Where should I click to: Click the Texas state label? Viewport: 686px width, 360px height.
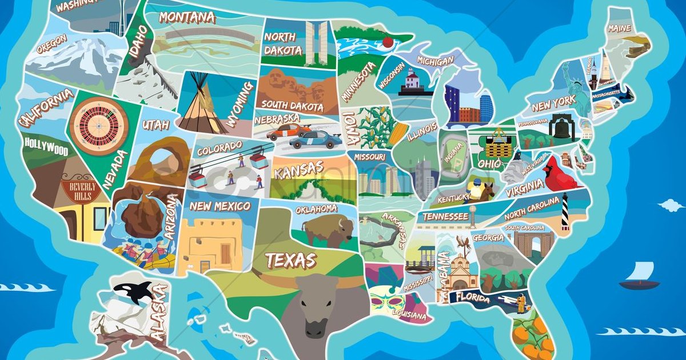pos(291,261)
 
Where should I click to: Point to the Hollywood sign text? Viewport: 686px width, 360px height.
pos(46,146)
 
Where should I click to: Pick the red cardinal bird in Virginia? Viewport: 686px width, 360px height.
pos(560,175)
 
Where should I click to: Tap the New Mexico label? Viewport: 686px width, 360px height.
pos(220,206)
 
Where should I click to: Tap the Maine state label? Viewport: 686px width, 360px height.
pos(620,28)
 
